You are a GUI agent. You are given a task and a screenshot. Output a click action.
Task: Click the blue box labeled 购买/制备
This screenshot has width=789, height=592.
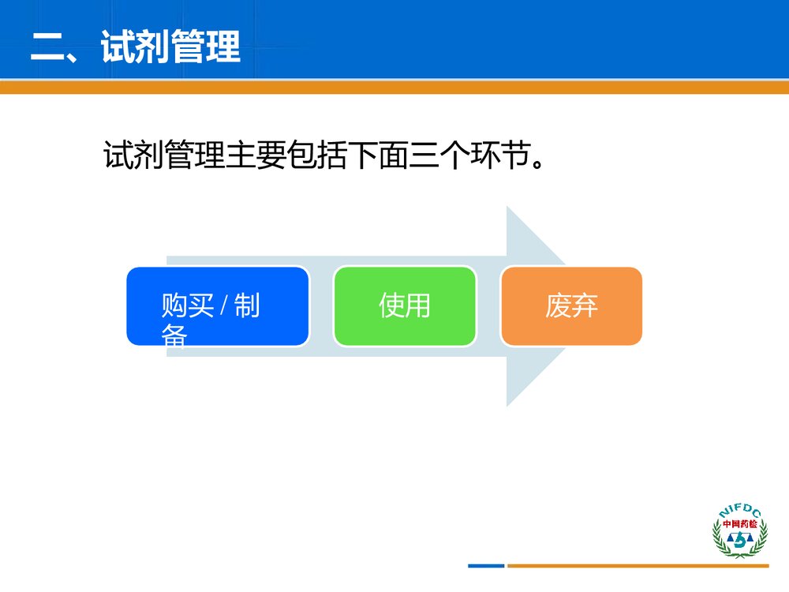[217, 306]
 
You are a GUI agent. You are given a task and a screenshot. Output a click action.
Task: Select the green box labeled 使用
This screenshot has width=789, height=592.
[405, 306]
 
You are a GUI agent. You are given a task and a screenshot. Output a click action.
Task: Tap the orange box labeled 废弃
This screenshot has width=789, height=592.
[571, 306]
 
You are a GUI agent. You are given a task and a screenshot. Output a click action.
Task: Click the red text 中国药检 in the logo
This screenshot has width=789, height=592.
[739, 523]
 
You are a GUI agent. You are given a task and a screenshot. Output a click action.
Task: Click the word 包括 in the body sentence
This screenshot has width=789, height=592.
[319, 155]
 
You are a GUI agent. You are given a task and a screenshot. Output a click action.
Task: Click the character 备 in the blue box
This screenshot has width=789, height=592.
[174, 337]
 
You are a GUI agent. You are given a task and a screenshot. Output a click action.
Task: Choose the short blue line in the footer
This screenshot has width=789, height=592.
[485, 565]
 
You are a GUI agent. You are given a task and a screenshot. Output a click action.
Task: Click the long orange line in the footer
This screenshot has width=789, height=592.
[638, 565]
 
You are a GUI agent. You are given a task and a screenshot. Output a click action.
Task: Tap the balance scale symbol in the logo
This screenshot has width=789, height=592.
[739, 541]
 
